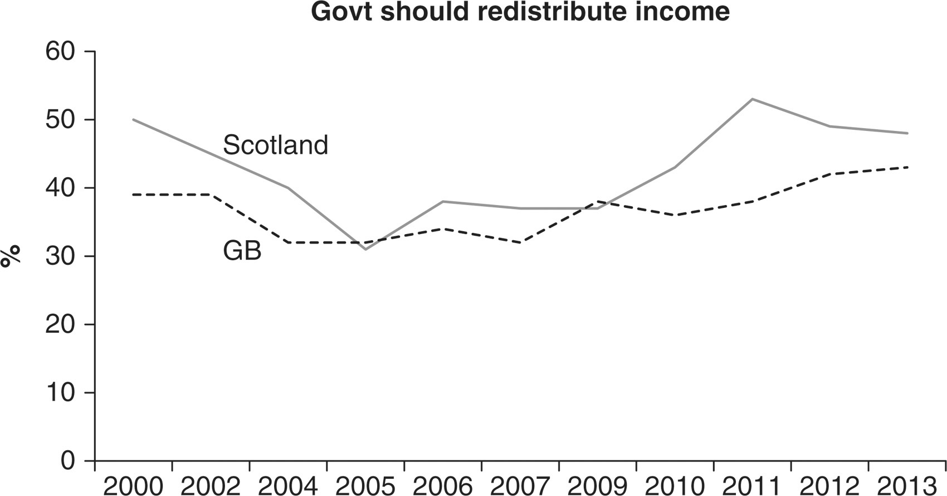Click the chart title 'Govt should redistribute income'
pos(520,12)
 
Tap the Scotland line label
pos(275,145)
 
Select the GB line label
pos(242,251)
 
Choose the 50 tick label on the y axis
pos(60,120)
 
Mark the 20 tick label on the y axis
pos(60,324)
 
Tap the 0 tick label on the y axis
pos(67,461)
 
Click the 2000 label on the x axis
pos(134,485)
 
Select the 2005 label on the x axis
pos(365,485)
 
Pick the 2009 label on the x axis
pos(597,485)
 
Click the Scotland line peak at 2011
pos(753,99)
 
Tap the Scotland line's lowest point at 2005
pos(365,249)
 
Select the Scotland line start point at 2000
pos(134,120)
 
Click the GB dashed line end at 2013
pos(907,167)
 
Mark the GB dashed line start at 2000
pos(134,194)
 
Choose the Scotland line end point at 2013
pos(907,133)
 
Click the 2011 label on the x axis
pos(753,485)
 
